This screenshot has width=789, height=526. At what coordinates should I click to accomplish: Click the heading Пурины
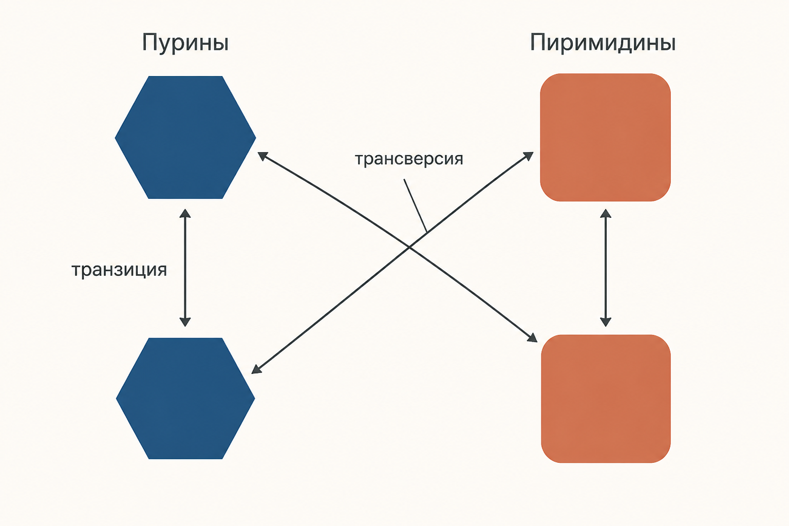click(x=185, y=44)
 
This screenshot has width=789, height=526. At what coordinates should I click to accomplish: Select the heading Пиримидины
click(x=603, y=44)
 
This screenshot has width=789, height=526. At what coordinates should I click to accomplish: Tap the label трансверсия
click(x=409, y=159)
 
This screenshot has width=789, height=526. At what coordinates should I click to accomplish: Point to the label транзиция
click(x=119, y=270)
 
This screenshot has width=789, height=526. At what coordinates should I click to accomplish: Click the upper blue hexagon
click(x=185, y=137)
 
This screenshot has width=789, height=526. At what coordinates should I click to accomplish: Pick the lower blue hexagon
click(x=185, y=399)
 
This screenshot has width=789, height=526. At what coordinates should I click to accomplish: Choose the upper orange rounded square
click(x=606, y=137)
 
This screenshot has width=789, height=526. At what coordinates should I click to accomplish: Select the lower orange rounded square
click(x=606, y=399)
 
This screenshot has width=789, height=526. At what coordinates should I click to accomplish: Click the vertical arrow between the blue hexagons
click(x=185, y=268)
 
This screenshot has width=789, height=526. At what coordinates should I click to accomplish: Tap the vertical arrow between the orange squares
click(x=606, y=268)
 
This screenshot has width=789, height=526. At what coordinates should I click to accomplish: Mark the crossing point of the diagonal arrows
click(x=409, y=247)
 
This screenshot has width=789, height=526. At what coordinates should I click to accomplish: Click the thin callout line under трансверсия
click(x=415, y=206)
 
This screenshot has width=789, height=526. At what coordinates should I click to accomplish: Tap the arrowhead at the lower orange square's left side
click(x=532, y=338)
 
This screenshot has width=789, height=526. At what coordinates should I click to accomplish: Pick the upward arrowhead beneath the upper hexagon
click(x=185, y=213)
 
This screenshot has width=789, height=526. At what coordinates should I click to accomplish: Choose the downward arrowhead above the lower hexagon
click(x=185, y=322)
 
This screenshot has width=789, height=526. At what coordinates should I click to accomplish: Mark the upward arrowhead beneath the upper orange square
click(x=606, y=213)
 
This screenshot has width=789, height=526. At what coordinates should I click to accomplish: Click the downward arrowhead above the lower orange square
click(x=606, y=322)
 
